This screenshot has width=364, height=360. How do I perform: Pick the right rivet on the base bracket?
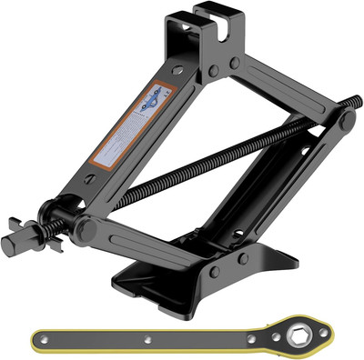tap(243, 259)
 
